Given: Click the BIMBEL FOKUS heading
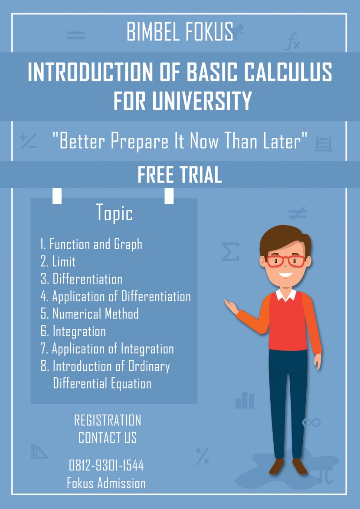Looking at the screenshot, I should pos(180,32).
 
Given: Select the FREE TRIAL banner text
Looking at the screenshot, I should pos(180,175).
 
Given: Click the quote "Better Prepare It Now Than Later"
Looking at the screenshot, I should pos(180,141).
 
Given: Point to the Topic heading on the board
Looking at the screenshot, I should pos(115,213).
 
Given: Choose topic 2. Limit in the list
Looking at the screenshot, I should pos(58,261).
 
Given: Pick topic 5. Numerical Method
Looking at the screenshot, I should pos(90,313).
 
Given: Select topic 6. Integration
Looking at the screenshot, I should pos(73,331).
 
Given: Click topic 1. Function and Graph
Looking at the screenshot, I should pos(92,244).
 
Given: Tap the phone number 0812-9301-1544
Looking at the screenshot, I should pos(107,466).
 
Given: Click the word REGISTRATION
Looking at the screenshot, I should pos(108,420).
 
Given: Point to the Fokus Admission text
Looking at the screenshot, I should pos(106,483).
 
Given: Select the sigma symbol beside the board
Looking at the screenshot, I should pos(230,252).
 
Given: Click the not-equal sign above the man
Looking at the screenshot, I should pos(298,212).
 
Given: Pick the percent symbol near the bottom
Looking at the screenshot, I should pos(202,456).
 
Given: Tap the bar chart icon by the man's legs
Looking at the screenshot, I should pos(245,401).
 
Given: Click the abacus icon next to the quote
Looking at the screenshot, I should pos(324,143).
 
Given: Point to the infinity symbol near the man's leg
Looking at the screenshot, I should pos(311,422).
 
